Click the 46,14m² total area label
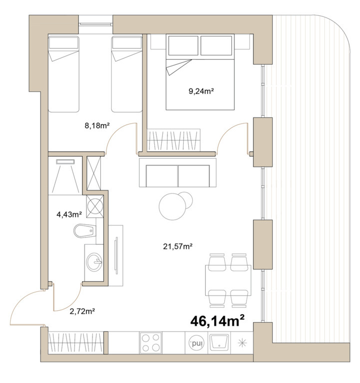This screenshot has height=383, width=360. [217, 321]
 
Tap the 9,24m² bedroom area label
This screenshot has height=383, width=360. [201, 91]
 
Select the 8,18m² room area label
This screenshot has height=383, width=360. [97, 126]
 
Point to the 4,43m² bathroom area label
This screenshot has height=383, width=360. [69, 214]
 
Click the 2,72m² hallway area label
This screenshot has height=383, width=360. [82, 311]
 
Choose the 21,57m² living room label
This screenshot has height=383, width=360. [178, 246]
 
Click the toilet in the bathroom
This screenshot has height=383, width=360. [84, 230]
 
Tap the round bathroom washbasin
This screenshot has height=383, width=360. [94, 262]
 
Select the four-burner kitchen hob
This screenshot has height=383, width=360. [150, 343]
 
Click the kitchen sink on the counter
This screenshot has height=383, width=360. [219, 343]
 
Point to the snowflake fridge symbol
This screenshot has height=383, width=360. [242, 343]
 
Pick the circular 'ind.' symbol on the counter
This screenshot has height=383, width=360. [197, 343]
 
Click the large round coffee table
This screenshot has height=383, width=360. [172, 206]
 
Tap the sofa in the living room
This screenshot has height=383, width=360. [178, 173]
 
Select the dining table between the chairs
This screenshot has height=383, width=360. [228, 280]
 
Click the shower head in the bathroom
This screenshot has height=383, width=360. [65, 162]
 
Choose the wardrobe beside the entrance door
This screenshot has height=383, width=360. [76, 343]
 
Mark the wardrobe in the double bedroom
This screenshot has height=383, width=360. [174, 140]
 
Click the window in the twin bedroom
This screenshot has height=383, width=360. [96, 24]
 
